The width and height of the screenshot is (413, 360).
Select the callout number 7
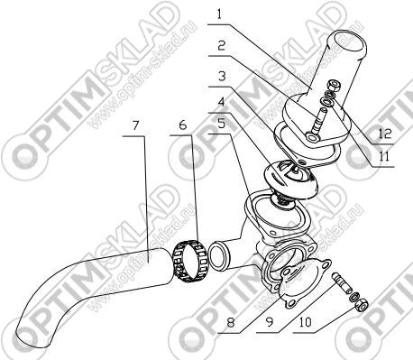tap(136, 125)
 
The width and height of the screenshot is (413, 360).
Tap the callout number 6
tap(183, 125)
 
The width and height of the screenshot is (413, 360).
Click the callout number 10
tap(306, 322)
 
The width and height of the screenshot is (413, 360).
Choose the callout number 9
tap(270, 322)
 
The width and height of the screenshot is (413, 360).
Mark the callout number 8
tap(231, 323)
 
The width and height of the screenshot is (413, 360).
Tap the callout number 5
tap(221, 123)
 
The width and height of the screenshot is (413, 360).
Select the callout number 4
tap(221, 102)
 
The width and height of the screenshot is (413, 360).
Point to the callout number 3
tap(222, 76)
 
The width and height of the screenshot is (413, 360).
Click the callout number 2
tap(222, 46)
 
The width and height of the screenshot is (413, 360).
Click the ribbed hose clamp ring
tap(189, 261)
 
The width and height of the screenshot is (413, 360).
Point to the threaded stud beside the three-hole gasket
tap(343, 282)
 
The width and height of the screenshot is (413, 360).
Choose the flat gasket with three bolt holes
tap(305, 283)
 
